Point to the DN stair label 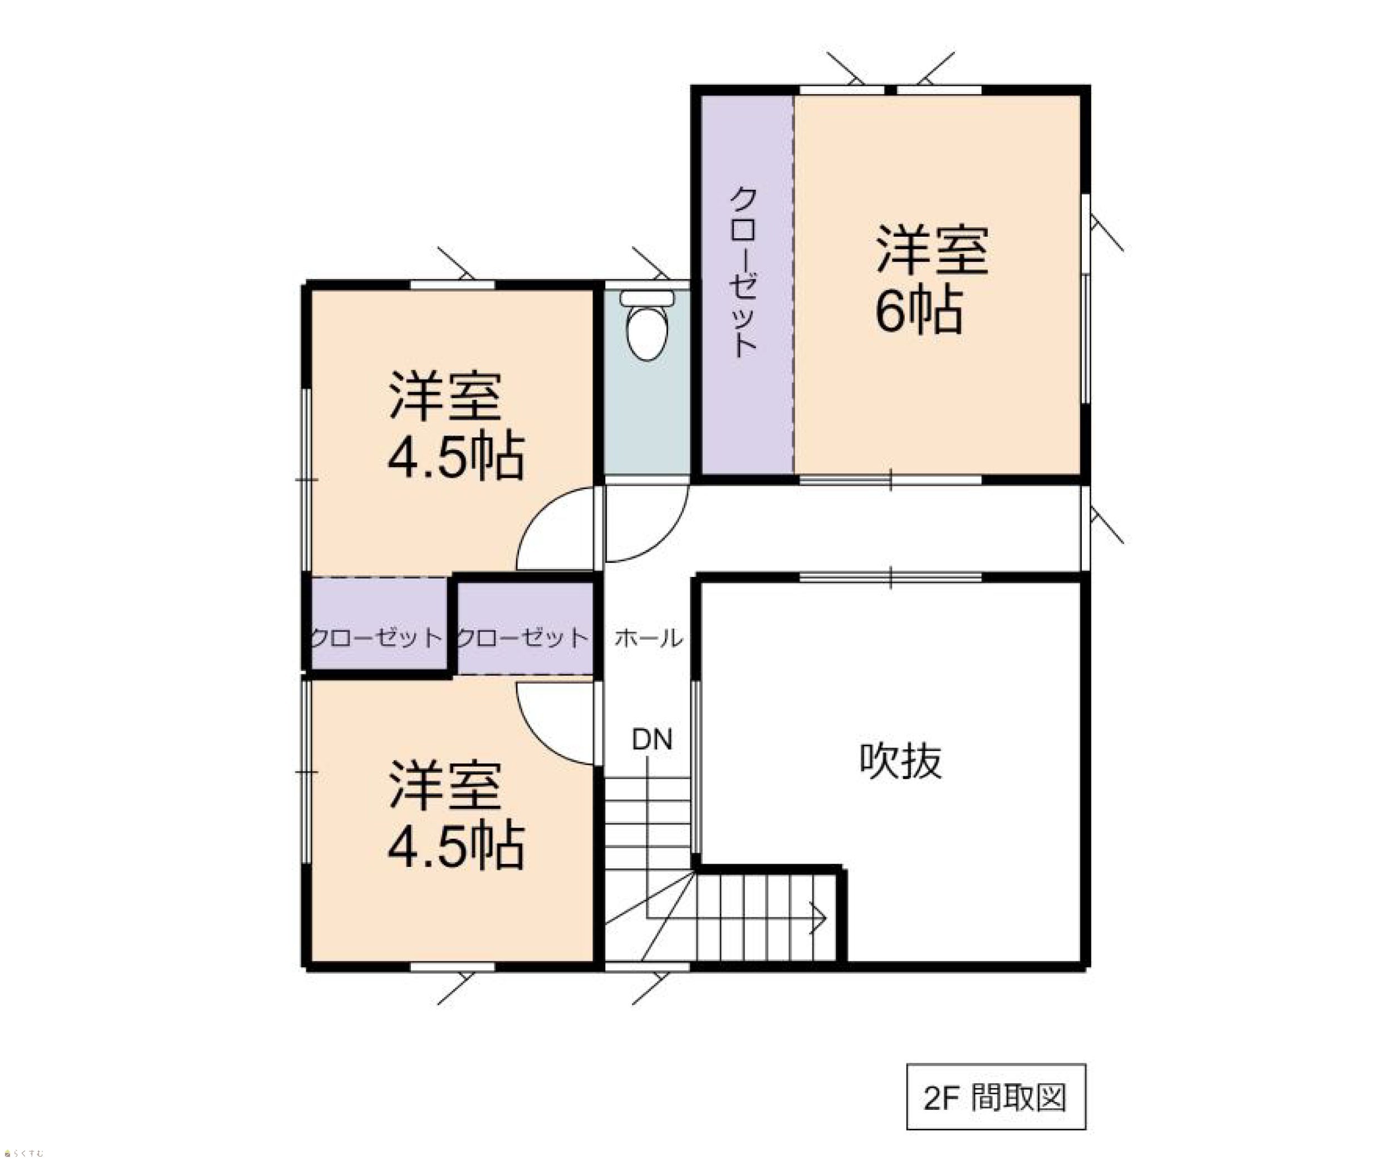coord(652,740)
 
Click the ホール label coord(648,638)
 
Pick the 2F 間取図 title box coord(996,1097)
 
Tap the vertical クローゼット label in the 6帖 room coord(744,272)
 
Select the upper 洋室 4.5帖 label coord(456,425)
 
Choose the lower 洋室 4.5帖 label coord(456,815)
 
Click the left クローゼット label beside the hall coord(375,638)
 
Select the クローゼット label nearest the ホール coord(523,638)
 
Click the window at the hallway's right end coord(1085,527)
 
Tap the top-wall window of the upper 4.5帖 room coord(453,285)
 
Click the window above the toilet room coord(647,285)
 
